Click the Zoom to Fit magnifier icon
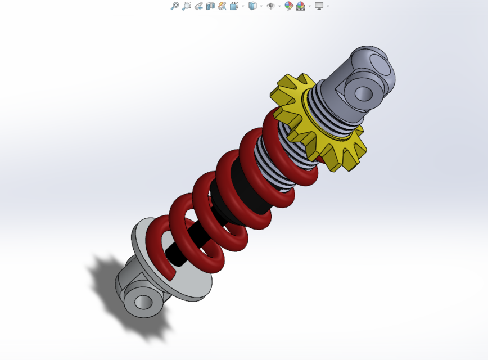point(175,6)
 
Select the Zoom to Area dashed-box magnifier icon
point(187,6)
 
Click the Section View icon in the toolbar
point(210,6)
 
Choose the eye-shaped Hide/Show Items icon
point(270,6)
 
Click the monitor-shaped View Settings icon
point(319,6)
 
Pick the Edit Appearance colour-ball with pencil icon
point(288,6)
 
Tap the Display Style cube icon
point(252,6)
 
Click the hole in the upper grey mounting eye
point(363,93)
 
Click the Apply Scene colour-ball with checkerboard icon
point(301,6)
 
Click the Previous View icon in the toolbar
point(198,6)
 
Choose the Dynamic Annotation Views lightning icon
point(222,6)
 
